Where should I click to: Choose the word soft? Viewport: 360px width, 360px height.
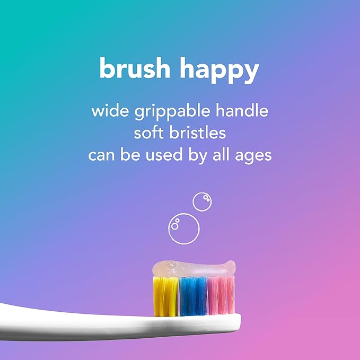(148, 134)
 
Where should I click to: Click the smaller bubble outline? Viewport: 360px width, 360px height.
(202, 202)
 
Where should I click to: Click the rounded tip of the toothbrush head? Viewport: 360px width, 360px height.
(236, 320)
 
